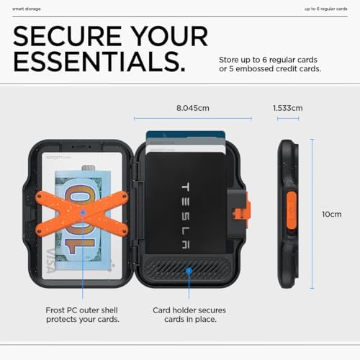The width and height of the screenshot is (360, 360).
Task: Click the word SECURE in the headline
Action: (x=68, y=36)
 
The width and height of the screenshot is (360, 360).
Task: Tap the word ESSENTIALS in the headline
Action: (x=99, y=62)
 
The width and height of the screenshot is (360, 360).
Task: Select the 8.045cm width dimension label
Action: (x=193, y=108)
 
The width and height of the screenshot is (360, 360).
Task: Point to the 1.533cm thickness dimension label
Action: (x=288, y=108)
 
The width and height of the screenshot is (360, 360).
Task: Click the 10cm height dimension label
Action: (x=332, y=214)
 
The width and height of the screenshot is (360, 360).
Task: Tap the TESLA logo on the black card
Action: (x=185, y=215)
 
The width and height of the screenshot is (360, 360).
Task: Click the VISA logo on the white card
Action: (x=51, y=261)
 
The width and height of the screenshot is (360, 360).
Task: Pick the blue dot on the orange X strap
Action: (x=83, y=212)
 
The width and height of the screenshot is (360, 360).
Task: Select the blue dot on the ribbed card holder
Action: (x=189, y=271)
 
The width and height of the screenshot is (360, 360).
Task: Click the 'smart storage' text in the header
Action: (x=27, y=9)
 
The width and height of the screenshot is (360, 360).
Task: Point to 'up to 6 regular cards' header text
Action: (x=326, y=9)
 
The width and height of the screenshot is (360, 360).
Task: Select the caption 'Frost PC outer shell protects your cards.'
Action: (x=83, y=315)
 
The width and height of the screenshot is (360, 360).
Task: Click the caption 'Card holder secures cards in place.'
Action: (x=189, y=315)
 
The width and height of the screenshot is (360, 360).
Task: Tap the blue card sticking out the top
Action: (x=185, y=134)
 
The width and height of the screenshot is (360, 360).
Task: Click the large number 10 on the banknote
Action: (x=81, y=220)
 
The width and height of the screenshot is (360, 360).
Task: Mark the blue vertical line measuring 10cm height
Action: (x=312, y=214)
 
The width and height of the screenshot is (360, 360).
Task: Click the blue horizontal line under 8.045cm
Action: (x=193, y=118)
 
